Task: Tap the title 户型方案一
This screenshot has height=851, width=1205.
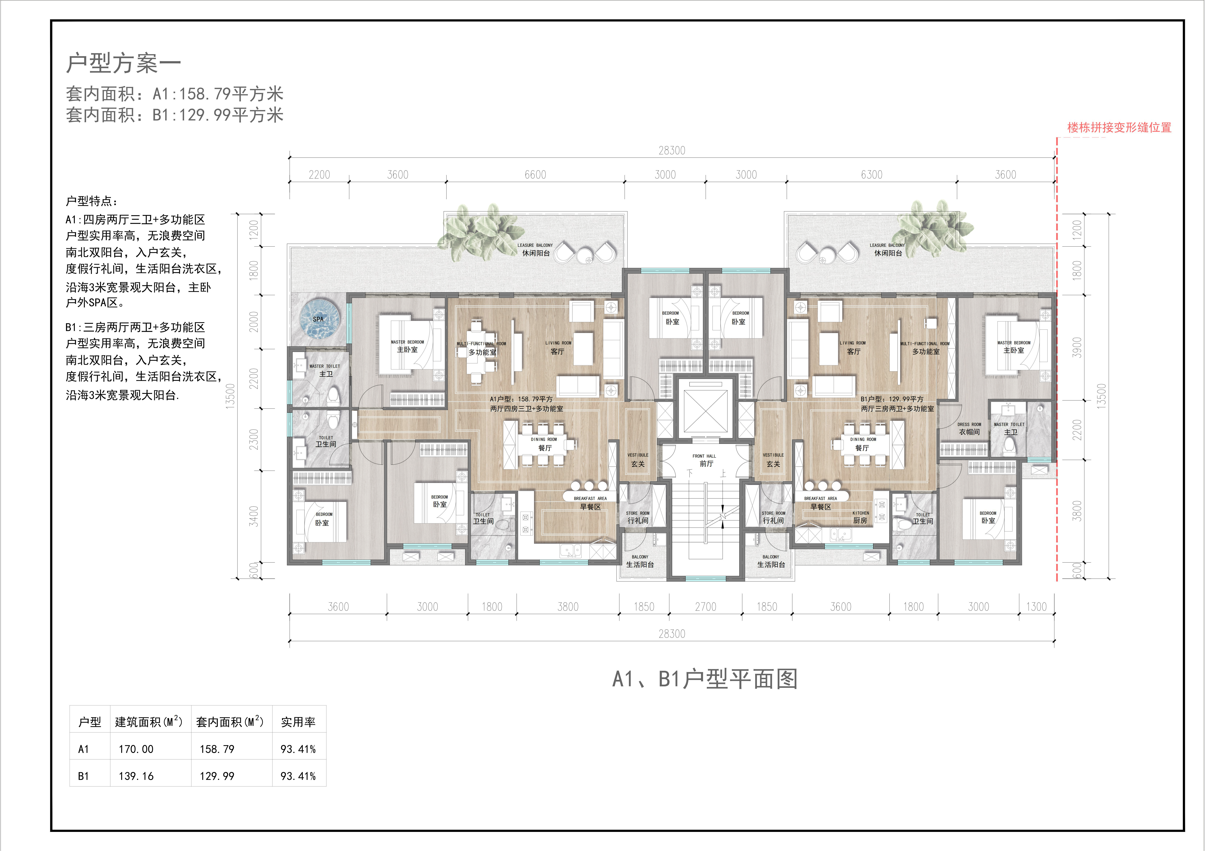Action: pyautogui.click(x=123, y=63)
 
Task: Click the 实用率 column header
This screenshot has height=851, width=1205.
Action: pyautogui.click(x=298, y=722)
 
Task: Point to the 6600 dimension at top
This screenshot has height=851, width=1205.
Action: pyautogui.click(x=535, y=175)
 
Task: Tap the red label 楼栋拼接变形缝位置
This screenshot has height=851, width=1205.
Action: pyautogui.click(x=1119, y=128)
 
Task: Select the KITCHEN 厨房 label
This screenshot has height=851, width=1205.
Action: pyautogui.click(x=860, y=517)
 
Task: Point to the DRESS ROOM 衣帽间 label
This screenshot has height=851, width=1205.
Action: pyautogui.click(x=969, y=429)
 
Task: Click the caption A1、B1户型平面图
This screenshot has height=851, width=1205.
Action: pyautogui.click(x=705, y=679)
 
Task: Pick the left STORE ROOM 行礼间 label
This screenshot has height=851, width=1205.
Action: pyautogui.click(x=638, y=517)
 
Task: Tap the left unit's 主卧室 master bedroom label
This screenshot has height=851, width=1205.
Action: pyautogui.click(x=407, y=346)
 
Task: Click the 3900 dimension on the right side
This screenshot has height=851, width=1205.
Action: pyautogui.click(x=1077, y=347)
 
